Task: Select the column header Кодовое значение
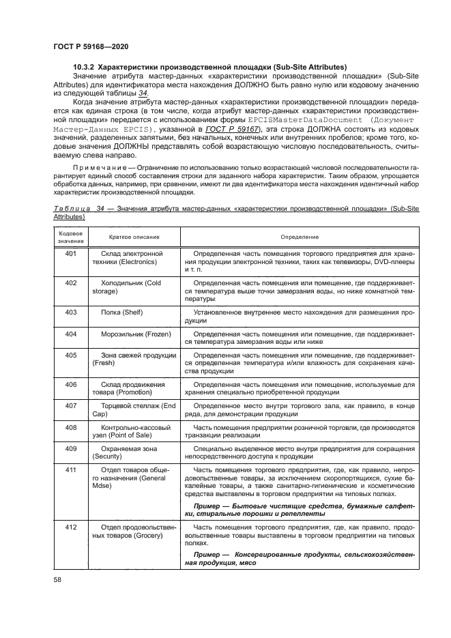[70, 237]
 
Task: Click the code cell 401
[71, 254]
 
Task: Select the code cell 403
[71, 312]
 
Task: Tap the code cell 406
[71, 385]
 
